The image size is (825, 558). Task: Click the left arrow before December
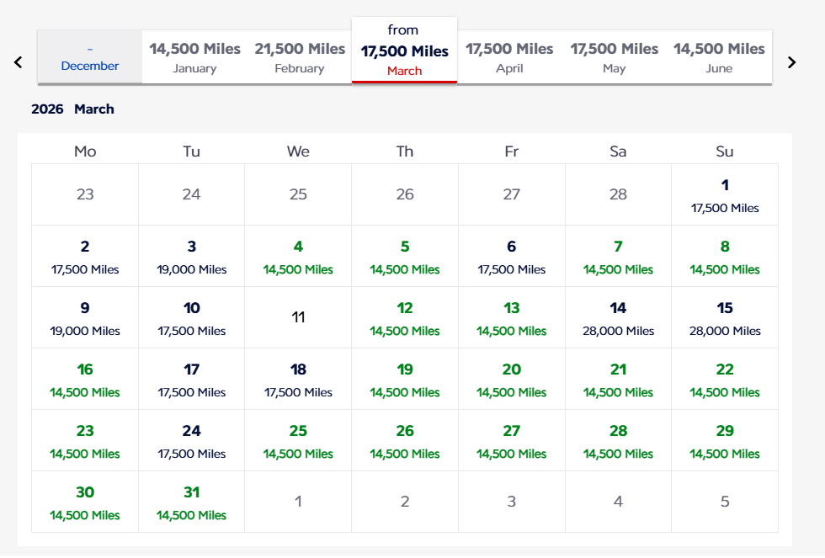19,61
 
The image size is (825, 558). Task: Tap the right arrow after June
791,61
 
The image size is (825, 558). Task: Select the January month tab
194,57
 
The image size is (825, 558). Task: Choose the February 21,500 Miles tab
300,57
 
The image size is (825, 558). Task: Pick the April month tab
509,57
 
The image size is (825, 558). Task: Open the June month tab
719,57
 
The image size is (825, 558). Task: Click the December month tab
90,57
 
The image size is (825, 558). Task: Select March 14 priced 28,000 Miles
618,317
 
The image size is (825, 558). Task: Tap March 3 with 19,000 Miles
191,256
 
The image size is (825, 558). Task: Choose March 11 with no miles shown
298,317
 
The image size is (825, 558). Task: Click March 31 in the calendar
191,502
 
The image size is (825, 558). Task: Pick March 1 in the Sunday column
725,194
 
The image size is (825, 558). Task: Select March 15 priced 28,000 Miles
725,317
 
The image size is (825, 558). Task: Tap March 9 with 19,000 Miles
85,317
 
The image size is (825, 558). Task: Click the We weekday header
298,151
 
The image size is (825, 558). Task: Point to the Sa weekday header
618,151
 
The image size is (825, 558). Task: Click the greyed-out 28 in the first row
618,194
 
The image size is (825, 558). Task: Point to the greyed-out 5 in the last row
725,502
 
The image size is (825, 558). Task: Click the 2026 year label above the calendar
47,109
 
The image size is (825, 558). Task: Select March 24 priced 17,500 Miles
191,440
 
